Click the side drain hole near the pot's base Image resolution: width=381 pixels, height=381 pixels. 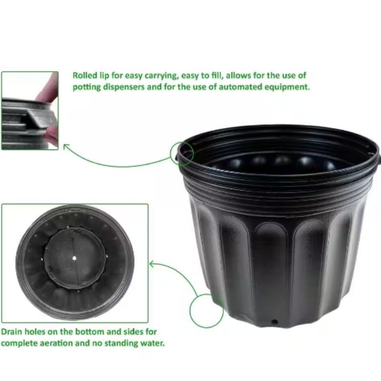[x=275, y=322]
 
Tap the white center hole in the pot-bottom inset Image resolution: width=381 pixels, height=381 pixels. [x=74, y=258]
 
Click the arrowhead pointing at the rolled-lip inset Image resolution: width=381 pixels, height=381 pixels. [x=66, y=146]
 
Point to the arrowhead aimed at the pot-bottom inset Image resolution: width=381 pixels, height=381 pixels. [x=152, y=264]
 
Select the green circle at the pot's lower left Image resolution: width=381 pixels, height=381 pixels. [x=190, y=311]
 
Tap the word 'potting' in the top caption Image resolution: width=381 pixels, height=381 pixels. [x=87, y=87]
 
